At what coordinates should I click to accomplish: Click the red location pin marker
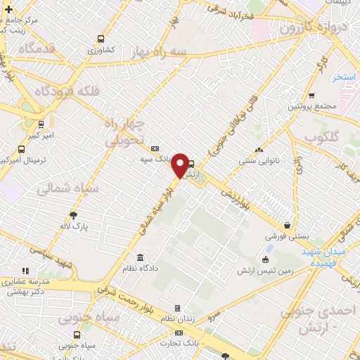tap(181, 165)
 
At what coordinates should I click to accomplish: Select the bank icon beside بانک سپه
tap(155, 148)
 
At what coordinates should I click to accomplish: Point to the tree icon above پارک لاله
tap(73, 215)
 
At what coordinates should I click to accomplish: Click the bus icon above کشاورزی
tap(101, 39)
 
